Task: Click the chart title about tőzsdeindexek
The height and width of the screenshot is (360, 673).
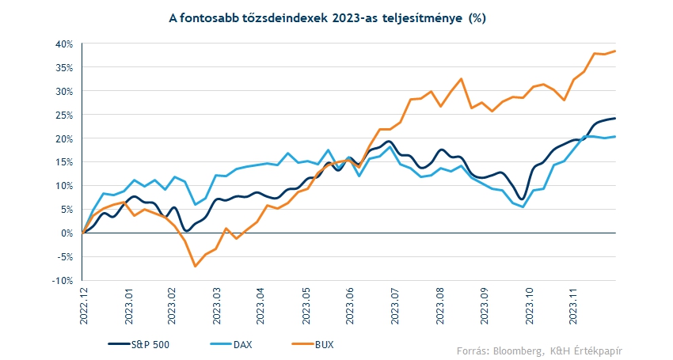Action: tap(327, 18)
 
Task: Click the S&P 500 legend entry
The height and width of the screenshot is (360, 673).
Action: tap(139, 344)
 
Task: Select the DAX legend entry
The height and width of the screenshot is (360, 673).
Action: tap(231, 344)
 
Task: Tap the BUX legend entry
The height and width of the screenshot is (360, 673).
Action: tap(313, 344)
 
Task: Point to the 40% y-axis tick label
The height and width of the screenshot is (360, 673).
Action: tap(64, 44)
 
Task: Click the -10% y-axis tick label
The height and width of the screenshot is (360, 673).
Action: tap(63, 281)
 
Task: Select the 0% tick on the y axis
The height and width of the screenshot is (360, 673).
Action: tap(68, 233)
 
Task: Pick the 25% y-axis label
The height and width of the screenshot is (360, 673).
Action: tap(64, 115)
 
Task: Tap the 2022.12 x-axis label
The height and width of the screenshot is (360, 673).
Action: tap(84, 306)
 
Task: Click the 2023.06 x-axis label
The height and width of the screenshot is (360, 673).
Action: tap(350, 306)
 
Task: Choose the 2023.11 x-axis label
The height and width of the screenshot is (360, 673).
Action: tap(573, 306)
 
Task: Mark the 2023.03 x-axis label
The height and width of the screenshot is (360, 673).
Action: tap(217, 306)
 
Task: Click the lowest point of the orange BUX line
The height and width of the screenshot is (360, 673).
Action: tap(196, 267)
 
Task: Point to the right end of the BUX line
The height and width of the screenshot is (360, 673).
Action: tap(615, 51)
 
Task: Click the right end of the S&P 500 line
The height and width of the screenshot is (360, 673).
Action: tap(615, 119)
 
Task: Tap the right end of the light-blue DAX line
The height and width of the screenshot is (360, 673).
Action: tap(615, 136)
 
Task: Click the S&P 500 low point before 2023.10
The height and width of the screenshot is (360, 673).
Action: tap(522, 199)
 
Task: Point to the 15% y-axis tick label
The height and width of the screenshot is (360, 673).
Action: tap(64, 162)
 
